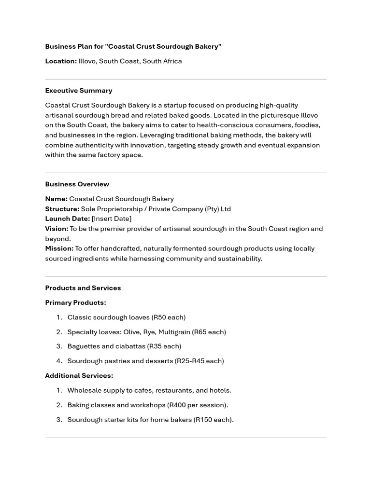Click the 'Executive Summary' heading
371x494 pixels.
[79, 91]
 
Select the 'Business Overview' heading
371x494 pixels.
[77, 184]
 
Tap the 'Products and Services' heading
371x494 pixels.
[83, 288]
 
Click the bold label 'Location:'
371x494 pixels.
[61, 61]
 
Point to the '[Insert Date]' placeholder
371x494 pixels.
[111, 219]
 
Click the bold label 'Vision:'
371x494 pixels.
[57, 229]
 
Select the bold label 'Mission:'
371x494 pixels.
[59, 248]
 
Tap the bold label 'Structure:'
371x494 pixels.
[62, 209]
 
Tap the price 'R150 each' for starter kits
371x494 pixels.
[213, 420]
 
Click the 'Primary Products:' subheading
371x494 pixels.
[75, 303]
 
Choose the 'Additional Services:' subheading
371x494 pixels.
[79, 376]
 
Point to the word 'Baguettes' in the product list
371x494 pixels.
[84, 346]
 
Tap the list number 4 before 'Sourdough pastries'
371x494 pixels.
[59, 361]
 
